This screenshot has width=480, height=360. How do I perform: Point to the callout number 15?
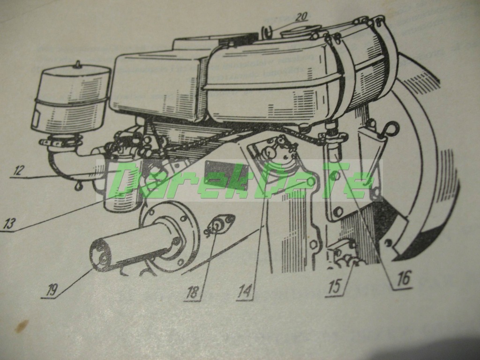pyautogui.click(x=334, y=287)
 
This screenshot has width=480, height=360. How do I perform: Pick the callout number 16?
pyautogui.click(x=403, y=278)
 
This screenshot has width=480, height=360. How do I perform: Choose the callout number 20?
pyautogui.click(x=301, y=16)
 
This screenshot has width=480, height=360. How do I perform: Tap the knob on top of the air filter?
pyautogui.click(x=78, y=64)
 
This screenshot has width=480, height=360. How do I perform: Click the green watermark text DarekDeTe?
pyautogui.click(x=239, y=180)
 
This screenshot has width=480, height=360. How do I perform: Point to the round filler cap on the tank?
pyautogui.click(x=300, y=30)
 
